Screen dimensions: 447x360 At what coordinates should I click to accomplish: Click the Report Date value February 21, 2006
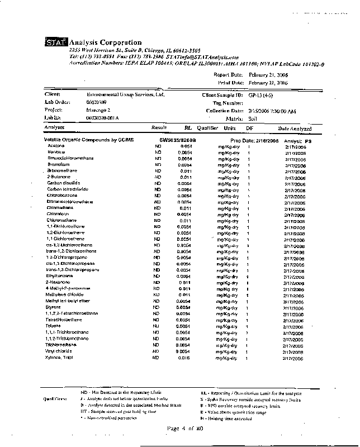click(x=268, y=74)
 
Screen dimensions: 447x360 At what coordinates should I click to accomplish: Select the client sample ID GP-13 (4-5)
click(x=261, y=95)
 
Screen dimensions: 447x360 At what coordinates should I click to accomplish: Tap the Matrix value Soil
click(x=253, y=118)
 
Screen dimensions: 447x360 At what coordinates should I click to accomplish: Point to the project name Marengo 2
click(x=91, y=111)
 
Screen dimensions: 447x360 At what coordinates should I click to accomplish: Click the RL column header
click(x=188, y=129)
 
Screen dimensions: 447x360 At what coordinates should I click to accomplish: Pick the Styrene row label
click(x=54, y=307)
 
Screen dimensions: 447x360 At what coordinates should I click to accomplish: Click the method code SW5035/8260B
click(x=178, y=140)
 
